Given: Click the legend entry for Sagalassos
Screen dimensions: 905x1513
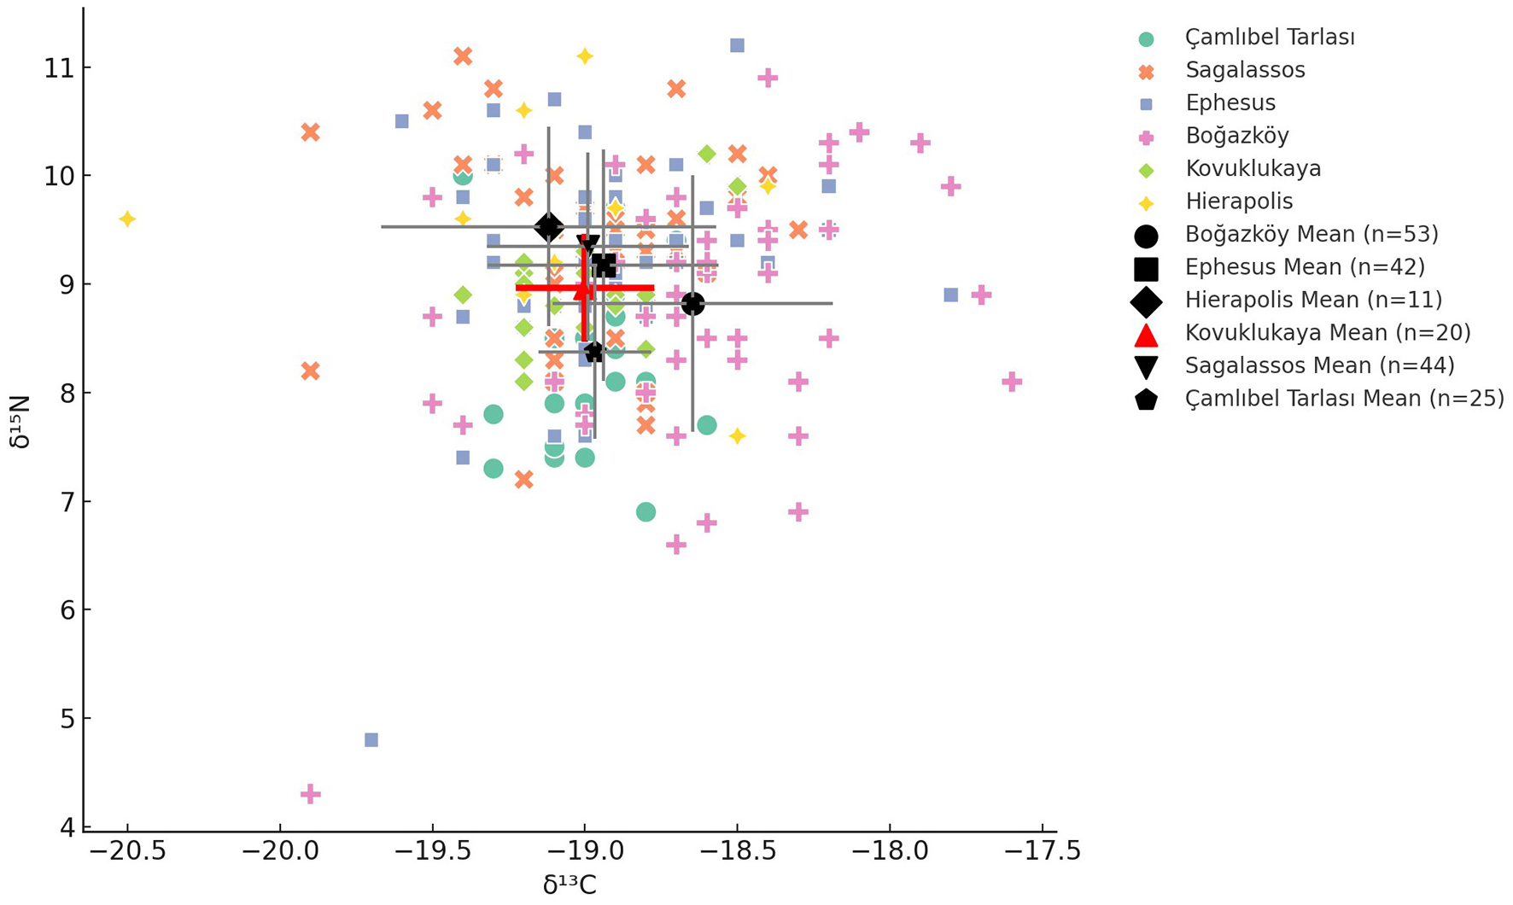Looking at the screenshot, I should (1245, 70).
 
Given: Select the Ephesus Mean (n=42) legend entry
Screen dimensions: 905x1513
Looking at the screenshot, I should (1305, 267).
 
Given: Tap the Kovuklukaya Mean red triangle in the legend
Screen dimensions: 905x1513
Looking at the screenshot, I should (1146, 334).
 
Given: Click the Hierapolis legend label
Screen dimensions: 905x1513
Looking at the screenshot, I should (1239, 201).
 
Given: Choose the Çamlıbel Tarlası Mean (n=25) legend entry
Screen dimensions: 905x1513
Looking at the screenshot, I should (1344, 399).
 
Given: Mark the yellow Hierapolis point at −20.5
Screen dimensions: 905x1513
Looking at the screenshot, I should (127, 219).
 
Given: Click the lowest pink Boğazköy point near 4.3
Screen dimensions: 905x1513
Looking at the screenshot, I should (311, 794).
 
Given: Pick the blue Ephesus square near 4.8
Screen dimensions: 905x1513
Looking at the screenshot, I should (371, 739).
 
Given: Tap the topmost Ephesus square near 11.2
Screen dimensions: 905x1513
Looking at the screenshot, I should (737, 45).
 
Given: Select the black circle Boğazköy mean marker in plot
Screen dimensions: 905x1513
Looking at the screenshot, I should (692, 303).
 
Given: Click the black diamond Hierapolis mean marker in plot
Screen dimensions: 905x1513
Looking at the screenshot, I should (548, 227).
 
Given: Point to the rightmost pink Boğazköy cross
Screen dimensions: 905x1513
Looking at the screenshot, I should (1012, 382).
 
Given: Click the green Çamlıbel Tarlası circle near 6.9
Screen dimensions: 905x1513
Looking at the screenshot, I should (646, 512).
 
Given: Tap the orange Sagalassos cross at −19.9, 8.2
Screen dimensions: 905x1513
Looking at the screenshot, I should (311, 371).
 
